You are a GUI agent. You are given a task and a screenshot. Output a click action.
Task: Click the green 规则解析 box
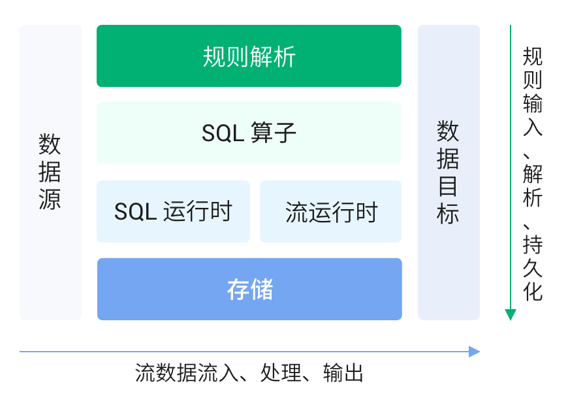[249, 56]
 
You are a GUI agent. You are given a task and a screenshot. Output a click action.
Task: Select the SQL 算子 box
[249, 133]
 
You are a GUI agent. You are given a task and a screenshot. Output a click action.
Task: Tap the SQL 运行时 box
[173, 212]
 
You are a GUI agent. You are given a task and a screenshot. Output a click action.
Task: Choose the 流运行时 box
[331, 212]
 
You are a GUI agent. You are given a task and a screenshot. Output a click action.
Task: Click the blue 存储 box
[249, 289]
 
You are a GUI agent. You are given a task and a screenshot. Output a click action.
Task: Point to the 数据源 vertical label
[50, 171]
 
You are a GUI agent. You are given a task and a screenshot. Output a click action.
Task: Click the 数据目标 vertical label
[449, 172]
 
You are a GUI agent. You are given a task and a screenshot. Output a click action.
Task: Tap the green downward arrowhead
[511, 314]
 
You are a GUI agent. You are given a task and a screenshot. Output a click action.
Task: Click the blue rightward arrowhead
[475, 352]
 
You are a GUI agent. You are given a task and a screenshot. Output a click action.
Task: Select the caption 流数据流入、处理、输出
[249, 373]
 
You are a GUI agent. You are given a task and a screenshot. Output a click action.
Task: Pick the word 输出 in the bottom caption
[343, 373]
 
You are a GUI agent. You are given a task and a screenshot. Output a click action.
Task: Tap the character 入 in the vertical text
[533, 126]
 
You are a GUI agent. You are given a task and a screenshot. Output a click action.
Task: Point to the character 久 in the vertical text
[533, 268]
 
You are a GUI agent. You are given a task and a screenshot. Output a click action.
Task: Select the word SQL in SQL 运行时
[134, 212]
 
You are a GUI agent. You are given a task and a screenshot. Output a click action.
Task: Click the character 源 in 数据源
[50, 199]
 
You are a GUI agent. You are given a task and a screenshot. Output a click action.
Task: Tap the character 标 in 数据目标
[449, 214]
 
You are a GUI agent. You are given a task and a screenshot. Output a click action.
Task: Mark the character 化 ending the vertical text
[533, 292]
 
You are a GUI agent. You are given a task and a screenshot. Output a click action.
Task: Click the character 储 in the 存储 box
[261, 289]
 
